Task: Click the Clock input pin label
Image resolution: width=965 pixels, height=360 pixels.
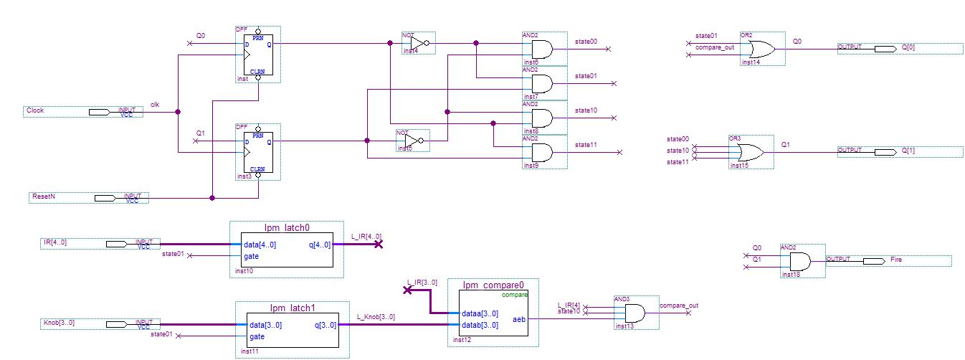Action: (x=35, y=111)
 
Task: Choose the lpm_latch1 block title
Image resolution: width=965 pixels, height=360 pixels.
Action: (x=293, y=308)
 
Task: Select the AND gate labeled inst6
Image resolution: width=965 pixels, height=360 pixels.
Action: (x=541, y=49)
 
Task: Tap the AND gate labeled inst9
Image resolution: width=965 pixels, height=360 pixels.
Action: (x=541, y=152)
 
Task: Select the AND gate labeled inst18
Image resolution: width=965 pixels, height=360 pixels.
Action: (x=799, y=260)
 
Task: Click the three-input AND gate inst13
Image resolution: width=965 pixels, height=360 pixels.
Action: (x=634, y=313)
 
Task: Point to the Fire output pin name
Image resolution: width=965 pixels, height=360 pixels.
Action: (x=896, y=260)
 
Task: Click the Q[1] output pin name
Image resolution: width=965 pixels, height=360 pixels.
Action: (x=908, y=151)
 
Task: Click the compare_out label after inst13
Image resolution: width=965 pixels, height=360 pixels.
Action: (x=678, y=305)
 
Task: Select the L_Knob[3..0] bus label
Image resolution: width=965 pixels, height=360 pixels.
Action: (x=376, y=317)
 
